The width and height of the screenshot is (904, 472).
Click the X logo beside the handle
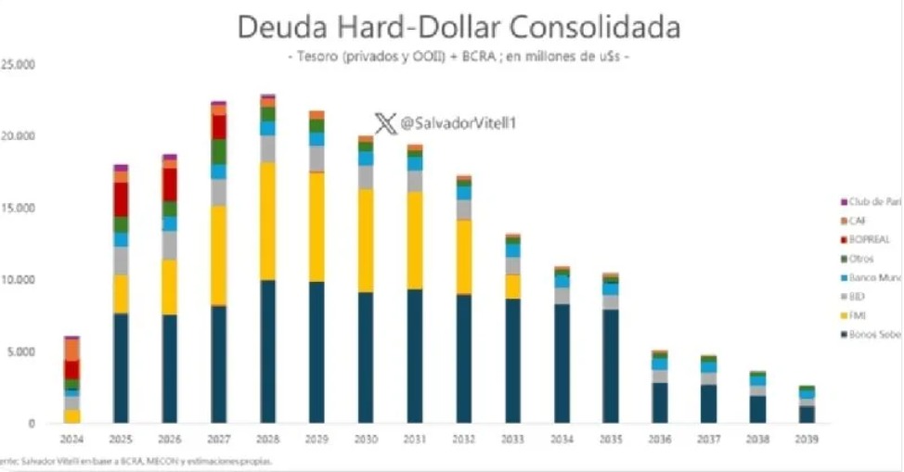(385, 123)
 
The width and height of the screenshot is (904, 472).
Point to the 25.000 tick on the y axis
(18, 65)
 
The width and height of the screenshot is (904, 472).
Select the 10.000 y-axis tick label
(18, 280)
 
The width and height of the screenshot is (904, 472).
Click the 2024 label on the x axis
(71, 438)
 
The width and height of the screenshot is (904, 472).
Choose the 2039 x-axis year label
(807, 438)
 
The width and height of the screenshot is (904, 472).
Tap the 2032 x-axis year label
(464, 438)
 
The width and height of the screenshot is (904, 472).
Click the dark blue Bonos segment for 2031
(415, 356)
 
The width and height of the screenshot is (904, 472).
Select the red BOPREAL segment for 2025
(121, 198)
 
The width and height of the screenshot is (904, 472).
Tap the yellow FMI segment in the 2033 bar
(513, 286)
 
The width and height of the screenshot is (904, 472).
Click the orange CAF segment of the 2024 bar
(71, 349)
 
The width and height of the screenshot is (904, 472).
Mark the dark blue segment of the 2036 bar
(660, 402)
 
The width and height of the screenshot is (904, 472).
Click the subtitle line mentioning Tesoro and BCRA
(458, 57)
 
